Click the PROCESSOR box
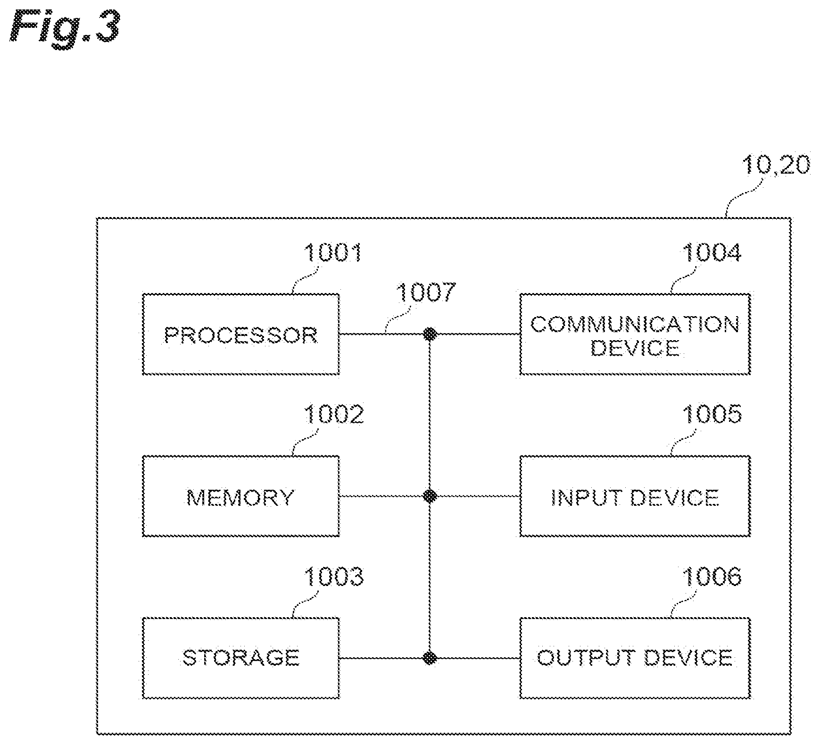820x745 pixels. point(240,334)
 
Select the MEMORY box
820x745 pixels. point(240,496)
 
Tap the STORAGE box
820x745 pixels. point(240,658)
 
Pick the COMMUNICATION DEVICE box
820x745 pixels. point(635,334)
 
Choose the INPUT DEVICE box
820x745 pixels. point(635,496)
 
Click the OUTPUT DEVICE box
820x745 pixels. point(635,658)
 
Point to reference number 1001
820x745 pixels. point(333,252)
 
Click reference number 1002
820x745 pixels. point(333,414)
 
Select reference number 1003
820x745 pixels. point(333,576)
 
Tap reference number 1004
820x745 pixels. point(712,252)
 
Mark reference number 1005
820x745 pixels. point(712,414)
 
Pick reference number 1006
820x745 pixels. point(712,576)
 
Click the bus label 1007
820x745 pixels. point(426,292)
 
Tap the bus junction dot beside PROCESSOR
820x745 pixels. point(430,334)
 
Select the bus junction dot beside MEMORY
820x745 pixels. point(430,496)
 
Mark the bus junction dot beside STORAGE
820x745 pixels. point(430,658)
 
